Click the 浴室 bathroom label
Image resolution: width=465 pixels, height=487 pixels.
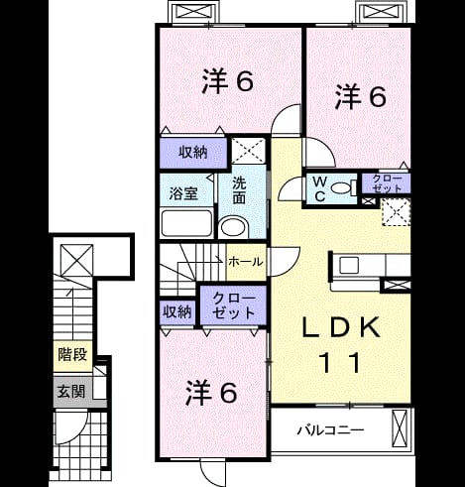[183, 193]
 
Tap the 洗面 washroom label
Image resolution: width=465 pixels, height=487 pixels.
[239, 190]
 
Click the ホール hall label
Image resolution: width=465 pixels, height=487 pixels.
[246, 262]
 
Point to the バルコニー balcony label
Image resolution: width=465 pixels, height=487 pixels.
[331, 430]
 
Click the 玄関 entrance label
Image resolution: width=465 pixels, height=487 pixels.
[71, 392]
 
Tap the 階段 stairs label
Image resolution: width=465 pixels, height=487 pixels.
[72, 354]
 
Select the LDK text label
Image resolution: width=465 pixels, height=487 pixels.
[341, 327]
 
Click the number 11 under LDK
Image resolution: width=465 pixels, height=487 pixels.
[341, 362]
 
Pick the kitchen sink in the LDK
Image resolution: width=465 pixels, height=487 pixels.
[349, 265]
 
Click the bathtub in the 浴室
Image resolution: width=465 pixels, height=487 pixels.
[186, 222]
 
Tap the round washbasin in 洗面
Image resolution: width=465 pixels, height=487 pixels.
[234, 227]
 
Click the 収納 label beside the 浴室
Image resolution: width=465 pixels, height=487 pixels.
[193, 153]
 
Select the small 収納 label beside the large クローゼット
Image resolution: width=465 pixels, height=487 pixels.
[177, 311]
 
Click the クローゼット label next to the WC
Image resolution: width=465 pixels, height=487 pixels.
[387, 183]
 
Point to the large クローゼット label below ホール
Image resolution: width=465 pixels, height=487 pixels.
[234, 305]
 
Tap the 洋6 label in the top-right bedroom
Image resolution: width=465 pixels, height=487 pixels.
[361, 96]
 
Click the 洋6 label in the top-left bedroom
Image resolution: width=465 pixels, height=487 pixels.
[228, 80]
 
